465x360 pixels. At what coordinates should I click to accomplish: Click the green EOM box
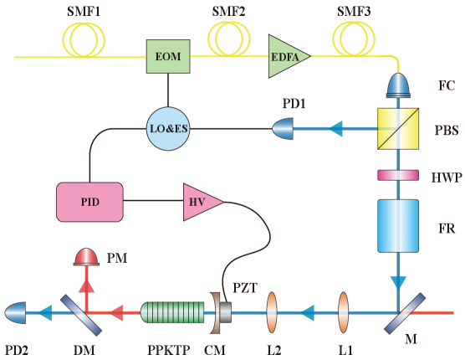click(168, 56)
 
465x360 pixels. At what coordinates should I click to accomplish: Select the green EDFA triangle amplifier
click(287, 56)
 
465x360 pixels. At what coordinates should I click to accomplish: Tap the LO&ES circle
click(168, 129)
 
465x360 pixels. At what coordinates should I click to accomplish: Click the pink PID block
click(89, 202)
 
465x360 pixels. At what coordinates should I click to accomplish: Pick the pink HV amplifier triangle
click(201, 202)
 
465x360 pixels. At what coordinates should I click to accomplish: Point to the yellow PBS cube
click(398, 128)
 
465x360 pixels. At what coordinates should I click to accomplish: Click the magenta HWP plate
click(398, 175)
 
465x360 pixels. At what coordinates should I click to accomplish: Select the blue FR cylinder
click(398, 225)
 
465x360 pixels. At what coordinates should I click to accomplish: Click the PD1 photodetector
click(284, 129)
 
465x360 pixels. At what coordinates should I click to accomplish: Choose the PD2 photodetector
click(15, 312)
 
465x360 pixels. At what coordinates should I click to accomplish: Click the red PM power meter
click(85, 257)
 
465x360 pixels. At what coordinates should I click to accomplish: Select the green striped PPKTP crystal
click(172, 312)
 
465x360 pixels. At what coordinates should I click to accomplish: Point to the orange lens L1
click(344, 312)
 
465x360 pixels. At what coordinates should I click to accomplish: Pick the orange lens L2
click(272, 312)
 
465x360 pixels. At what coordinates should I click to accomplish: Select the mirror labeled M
click(400, 312)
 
